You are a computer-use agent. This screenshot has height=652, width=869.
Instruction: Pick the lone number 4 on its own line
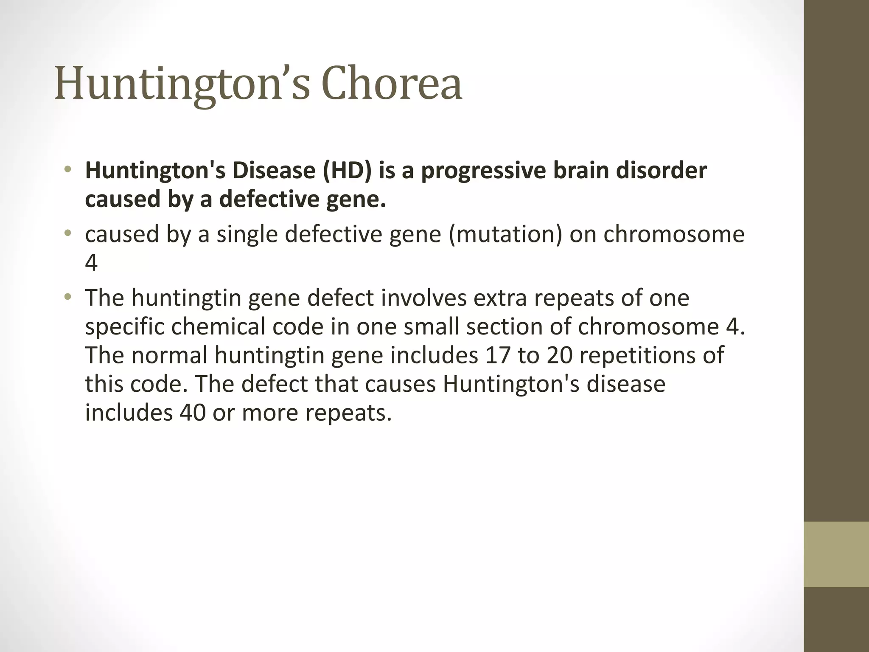tap(91, 263)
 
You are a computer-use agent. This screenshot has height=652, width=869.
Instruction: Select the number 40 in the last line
tap(193, 412)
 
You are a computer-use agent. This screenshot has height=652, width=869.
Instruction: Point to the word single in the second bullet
tap(247, 234)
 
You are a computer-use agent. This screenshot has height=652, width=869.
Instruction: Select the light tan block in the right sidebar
tap(836, 554)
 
